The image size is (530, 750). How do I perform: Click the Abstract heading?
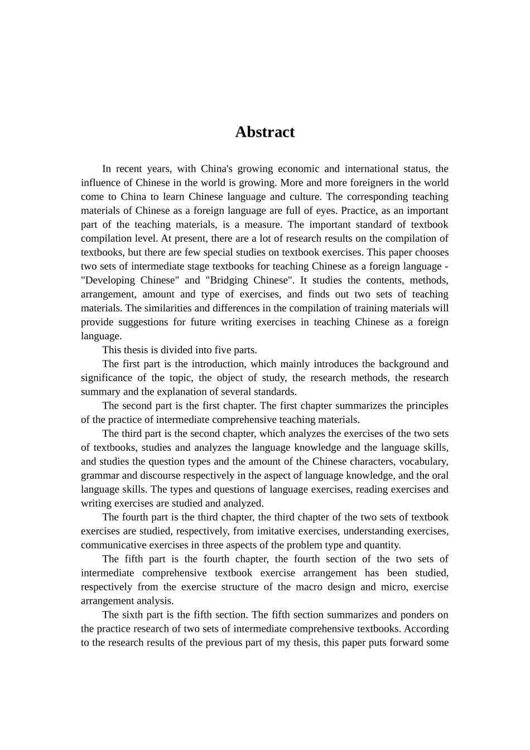pos(264,132)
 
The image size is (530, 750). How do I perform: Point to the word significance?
pos(106,378)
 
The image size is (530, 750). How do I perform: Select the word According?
pos(426,629)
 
